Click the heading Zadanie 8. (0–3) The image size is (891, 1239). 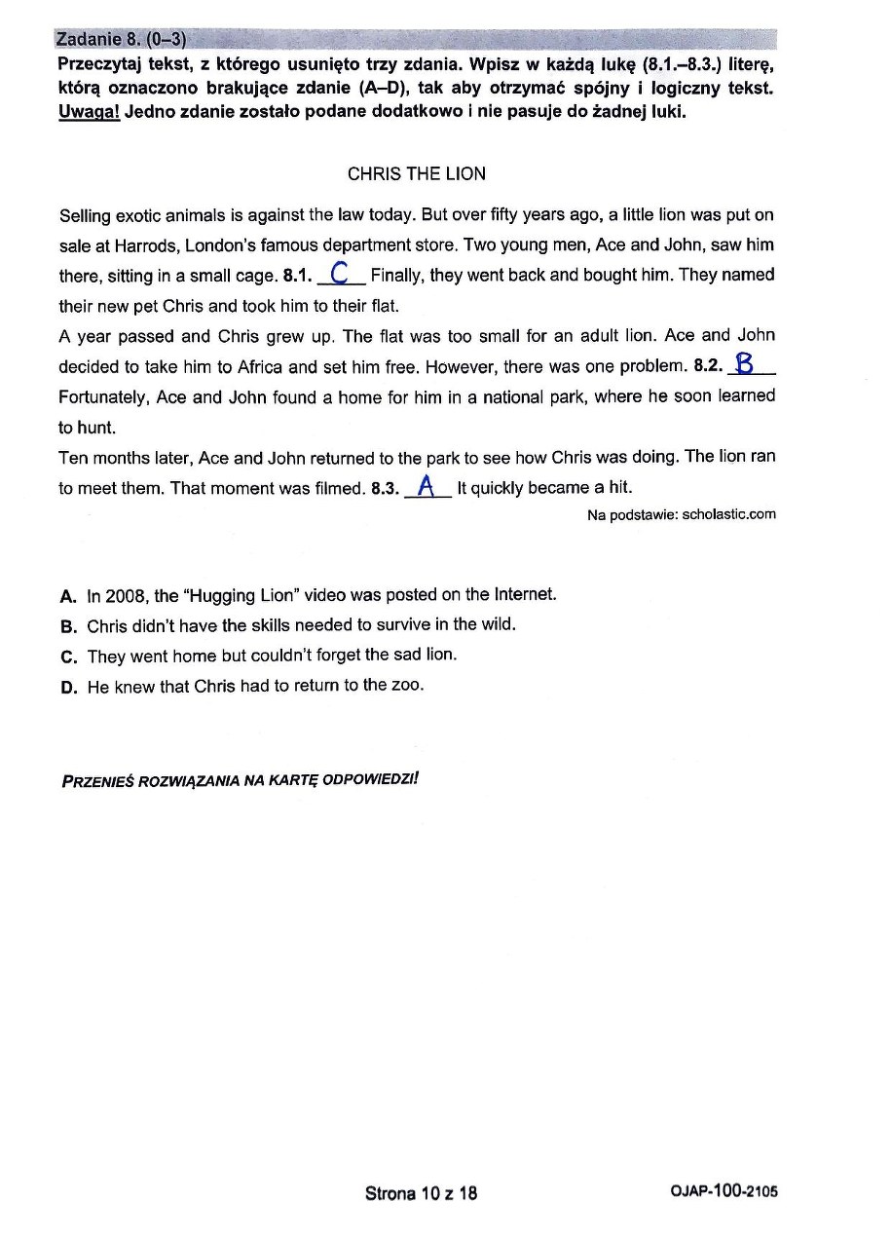[121, 39]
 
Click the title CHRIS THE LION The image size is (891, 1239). [416, 174]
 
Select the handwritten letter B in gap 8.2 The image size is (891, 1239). [745, 365]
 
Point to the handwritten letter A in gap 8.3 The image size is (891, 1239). [425, 486]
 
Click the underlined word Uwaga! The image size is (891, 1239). [89, 111]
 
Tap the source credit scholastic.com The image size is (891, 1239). [729, 514]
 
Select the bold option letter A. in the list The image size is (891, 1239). [68, 595]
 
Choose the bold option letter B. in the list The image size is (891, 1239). [68, 625]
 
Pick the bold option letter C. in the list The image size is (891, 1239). [68, 656]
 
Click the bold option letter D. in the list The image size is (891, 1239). [68, 687]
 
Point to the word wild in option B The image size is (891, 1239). [496, 624]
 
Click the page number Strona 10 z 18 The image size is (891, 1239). [421, 1193]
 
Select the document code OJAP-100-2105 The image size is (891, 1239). [724, 1192]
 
